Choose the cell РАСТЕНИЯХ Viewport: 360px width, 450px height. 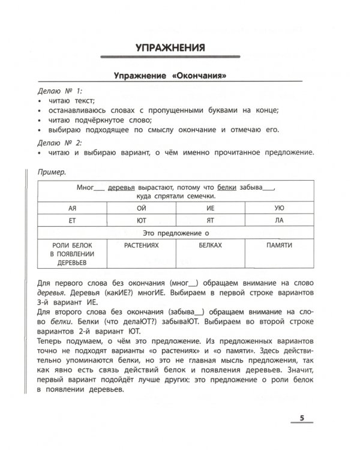coord(142,246)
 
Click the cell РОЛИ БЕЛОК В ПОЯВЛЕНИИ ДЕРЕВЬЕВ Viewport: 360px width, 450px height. coord(71,254)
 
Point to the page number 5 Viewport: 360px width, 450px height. coord(302,418)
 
